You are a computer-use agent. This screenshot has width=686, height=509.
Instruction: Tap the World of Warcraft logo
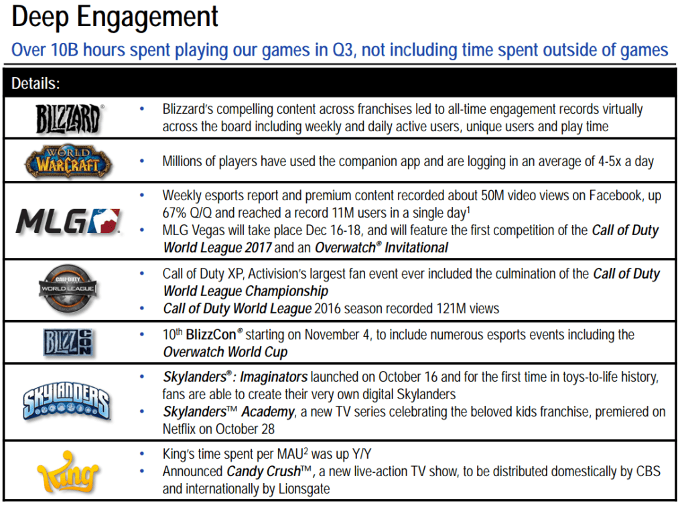68,161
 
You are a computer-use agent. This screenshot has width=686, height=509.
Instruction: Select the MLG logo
68,221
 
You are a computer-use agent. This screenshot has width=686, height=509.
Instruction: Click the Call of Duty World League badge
68,289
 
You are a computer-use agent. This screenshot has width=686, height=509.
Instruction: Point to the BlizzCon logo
68,342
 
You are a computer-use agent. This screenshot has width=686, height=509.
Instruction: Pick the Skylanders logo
66,403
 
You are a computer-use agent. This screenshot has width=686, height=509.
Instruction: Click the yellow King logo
68,472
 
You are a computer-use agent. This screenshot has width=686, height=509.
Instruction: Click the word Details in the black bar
36,84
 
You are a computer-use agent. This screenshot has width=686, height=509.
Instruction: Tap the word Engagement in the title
147,18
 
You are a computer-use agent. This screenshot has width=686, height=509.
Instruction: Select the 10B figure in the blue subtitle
64,50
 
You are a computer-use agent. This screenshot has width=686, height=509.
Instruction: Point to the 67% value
174,213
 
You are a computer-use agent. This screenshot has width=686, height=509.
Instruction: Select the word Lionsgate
304,489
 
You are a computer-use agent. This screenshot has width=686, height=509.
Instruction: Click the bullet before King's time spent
142,454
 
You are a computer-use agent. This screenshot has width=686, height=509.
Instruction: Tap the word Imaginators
274,377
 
